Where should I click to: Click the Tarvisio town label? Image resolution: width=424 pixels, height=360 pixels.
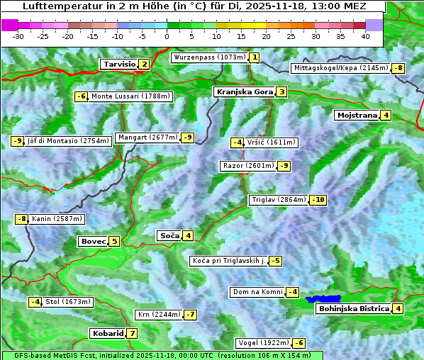[x=119, y=64]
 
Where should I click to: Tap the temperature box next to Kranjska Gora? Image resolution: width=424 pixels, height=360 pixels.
[x=281, y=91]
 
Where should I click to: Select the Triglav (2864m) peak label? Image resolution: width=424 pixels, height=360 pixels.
[x=279, y=200]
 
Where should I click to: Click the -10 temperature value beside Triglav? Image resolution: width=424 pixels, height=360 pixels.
[x=318, y=200]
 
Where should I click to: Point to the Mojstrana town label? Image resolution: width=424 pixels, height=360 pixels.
[x=357, y=115]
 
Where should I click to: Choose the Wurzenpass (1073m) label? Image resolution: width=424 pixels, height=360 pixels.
[x=209, y=57]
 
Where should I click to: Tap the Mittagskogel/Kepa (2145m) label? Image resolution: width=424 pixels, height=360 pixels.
[x=340, y=68]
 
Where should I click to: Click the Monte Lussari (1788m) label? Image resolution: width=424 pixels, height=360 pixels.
[x=130, y=96]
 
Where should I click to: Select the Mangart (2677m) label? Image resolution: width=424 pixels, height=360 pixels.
[x=147, y=137]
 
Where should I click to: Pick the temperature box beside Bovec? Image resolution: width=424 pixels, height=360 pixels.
[x=114, y=241]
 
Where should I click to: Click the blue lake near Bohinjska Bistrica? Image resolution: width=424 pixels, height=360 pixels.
[x=323, y=299]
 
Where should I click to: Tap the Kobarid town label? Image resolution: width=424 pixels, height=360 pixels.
[x=107, y=333]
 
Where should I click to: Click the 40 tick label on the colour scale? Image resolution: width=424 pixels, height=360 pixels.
[x=365, y=36]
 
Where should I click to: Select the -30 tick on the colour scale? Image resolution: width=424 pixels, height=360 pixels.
[x=18, y=36]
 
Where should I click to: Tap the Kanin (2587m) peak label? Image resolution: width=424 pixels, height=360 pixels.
[x=57, y=219]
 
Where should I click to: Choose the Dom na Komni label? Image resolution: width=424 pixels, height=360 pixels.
[x=257, y=292]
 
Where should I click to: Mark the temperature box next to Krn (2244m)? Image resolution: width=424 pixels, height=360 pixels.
[x=190, y=315]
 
